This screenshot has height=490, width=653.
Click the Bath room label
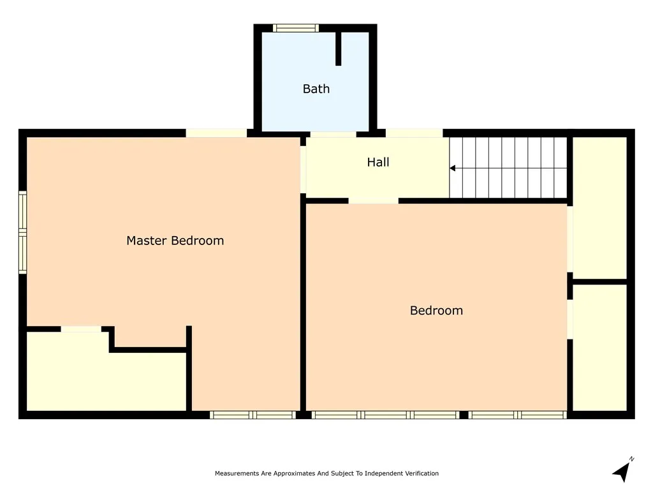pos(316,89)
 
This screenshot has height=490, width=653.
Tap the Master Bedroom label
pos(175,241)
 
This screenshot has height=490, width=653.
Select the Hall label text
pos(378,162)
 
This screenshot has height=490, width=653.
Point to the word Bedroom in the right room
pos(436,311)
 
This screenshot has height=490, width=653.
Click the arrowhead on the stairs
pos(452,168)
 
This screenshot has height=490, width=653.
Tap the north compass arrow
pos(622,470)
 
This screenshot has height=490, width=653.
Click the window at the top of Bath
pos(296,28)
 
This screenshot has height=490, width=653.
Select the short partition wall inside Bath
pos(338,48)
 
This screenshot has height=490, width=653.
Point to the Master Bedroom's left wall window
pos(22,232)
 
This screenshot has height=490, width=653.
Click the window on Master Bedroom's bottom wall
pos(253,415)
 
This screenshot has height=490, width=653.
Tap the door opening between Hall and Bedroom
pos(374,201)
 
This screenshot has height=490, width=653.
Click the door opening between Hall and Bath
pos(333,134)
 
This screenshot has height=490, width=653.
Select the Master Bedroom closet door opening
pos(81,329)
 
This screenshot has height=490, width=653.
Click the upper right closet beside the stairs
pos(599,208)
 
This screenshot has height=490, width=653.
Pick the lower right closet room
pos(599,348)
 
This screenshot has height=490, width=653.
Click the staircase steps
pos(508,168)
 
